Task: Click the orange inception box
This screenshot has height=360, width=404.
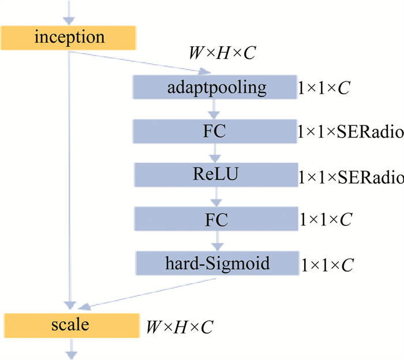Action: pyautogui.click(x=69, y=38)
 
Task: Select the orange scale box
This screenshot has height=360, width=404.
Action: pyautogui.click(x=72, y=324)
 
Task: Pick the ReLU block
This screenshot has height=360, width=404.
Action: pyautogui.click(x=214, y=174)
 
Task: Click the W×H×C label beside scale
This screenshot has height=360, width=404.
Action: pyautogui.click(x=179, y=328)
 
